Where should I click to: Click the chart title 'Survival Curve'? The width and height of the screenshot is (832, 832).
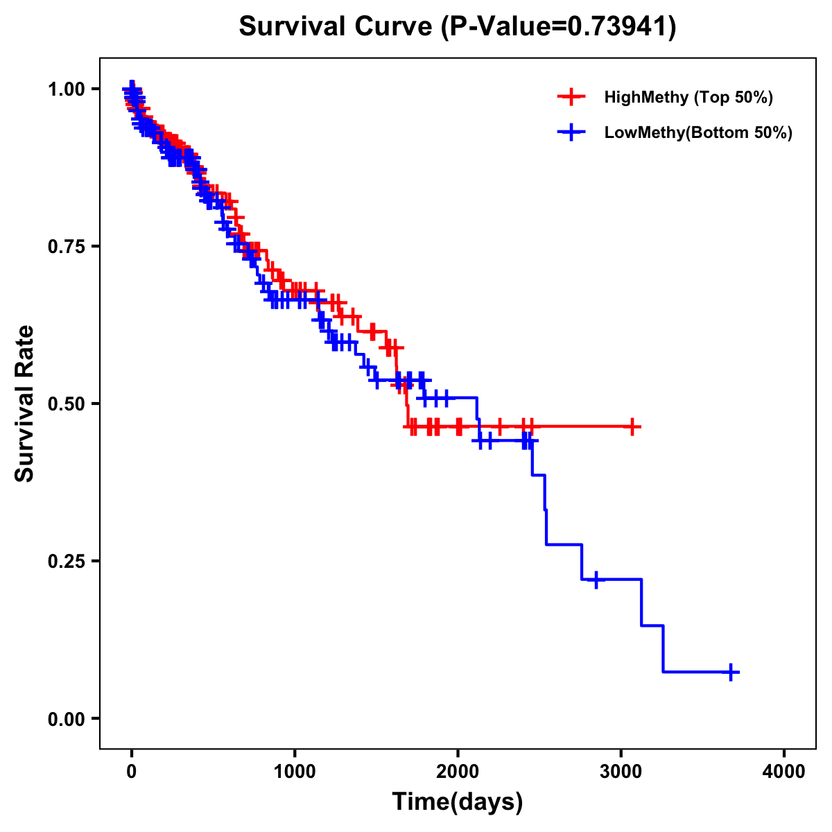pos(336,27)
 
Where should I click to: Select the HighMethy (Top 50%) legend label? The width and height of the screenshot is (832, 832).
pos(688,97)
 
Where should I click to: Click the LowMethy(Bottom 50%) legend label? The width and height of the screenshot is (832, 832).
pos(698,132)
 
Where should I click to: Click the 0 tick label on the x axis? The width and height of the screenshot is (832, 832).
pos(132,772)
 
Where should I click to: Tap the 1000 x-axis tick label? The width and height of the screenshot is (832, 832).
pos(295,772)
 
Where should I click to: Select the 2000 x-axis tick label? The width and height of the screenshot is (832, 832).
pos(458,772)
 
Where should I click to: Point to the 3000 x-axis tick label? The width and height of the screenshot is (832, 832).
pos(621,772)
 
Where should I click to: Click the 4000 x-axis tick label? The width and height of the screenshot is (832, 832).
pos(784,772)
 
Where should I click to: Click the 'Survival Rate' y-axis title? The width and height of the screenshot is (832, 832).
pos(25,404)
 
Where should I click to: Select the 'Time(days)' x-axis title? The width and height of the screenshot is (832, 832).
pos(458,802)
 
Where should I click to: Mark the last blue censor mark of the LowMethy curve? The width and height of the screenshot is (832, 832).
pos(731,672)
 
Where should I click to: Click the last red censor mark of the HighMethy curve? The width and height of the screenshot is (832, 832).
pos(632,426)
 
